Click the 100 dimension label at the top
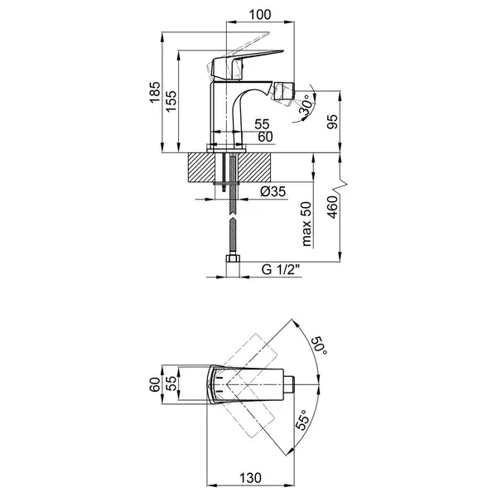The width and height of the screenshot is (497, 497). (x=260, y=15)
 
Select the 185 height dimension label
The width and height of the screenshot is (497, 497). (x=155, y=92)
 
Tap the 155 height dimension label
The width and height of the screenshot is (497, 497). (x=171, y=101)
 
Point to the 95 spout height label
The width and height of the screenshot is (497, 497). (x=332, y=122)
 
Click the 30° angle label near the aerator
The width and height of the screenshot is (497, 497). (x=306, y=105)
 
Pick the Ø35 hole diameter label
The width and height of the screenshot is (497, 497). (x=273, y=191)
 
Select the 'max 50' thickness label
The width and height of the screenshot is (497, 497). (x=306, y=224)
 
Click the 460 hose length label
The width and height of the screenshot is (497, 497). (x=332, y=207)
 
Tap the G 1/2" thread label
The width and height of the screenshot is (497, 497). (x=281, y=269)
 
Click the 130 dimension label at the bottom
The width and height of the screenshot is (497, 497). (x=250, y=478)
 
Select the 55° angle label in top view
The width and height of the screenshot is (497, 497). (x=302, y=420)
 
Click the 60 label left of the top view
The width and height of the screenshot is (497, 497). (x=155, y=385)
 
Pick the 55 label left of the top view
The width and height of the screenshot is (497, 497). (x=171, y=384)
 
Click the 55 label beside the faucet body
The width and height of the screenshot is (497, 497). (x=262, y=124)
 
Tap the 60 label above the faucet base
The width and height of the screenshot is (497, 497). (x=265, y=137)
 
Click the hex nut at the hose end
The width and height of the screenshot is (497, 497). (x=233, y=258)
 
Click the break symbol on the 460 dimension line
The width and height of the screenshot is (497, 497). (x=340, y=185)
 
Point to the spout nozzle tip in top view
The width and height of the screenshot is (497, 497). (x=289, y=385)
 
